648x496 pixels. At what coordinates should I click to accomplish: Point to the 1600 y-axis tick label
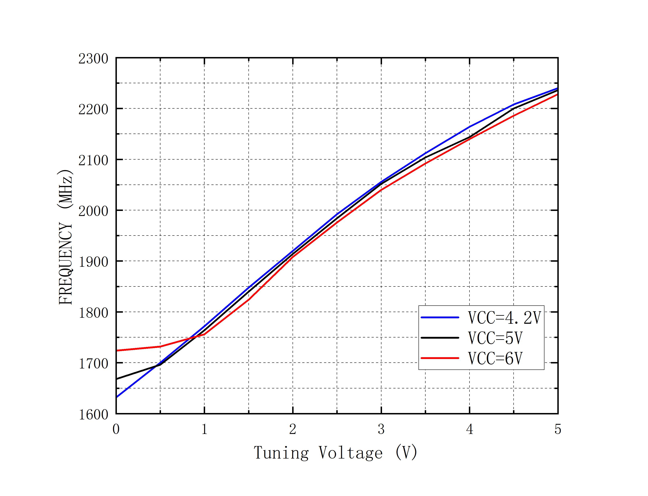[x=93, y=414]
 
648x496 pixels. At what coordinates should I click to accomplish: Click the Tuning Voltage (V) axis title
[x=336, y=453]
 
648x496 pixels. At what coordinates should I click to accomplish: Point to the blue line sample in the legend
[x=440, y=317]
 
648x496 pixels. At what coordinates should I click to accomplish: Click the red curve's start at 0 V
[x=117, y=351]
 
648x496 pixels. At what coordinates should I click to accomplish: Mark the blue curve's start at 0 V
[x=117, y=397]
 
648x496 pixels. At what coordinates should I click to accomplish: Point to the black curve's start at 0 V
[x=117, y=379]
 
